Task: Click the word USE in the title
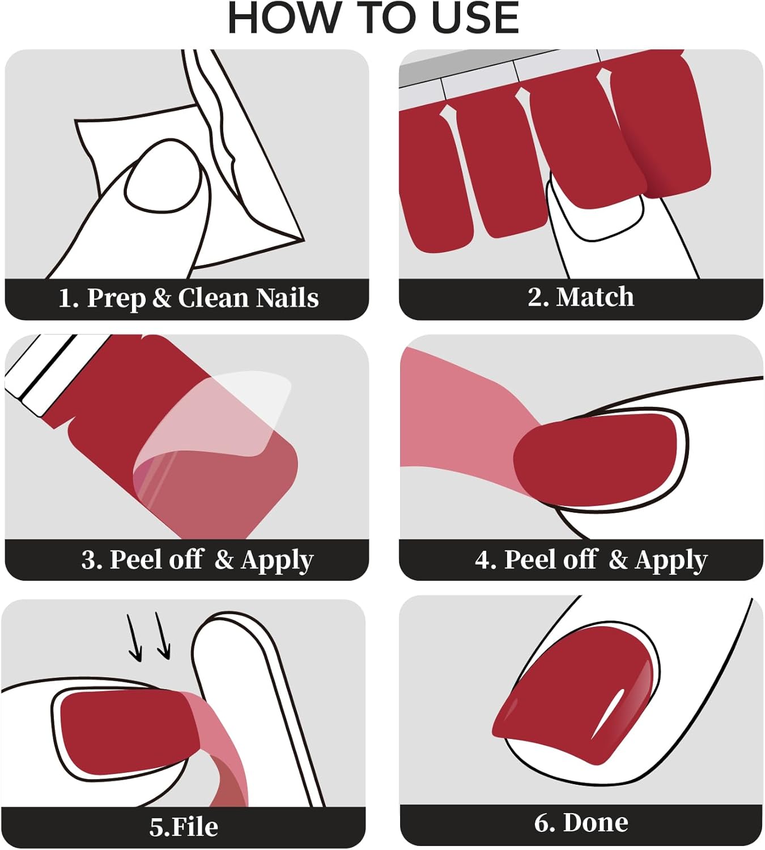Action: tap(475, 18)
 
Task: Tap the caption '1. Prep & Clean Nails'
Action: tap(188, 298)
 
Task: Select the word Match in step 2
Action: tap(595, 297)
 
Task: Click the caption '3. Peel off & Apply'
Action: tap(197, 559)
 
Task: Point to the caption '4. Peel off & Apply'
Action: tap(591, 559)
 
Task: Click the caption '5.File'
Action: tap(184, 827)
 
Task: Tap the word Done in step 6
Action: tap(596, 823)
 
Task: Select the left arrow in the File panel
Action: tap(134, 637)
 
